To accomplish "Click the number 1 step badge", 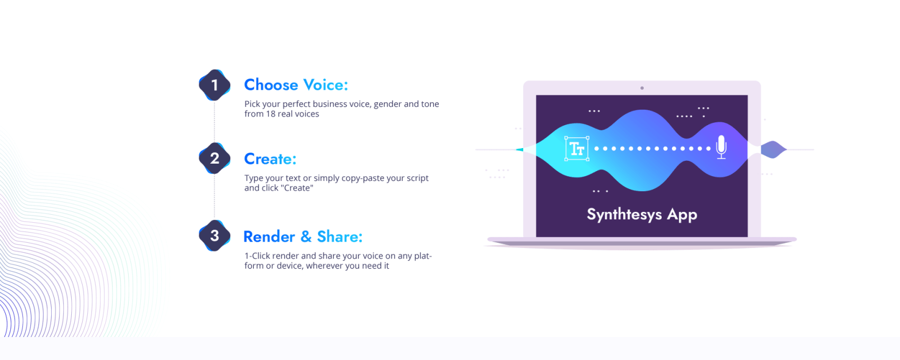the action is click(x=215, y=85).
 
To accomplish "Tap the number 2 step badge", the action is click(x=215, y=158).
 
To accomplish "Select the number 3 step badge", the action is click(x=215, y=236).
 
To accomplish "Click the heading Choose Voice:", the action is click(x=296, y=85).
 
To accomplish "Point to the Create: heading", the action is click(x=271, y=158).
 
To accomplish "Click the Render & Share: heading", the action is click(x=303, y=237).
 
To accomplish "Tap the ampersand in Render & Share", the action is click(x=306, y=237).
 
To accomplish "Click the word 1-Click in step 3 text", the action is click(x=257, y=256).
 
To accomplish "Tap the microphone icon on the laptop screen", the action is click(x=721, y=147).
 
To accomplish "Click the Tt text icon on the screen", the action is click(x=577, y=149).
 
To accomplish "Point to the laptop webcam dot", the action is click(x=642, y=88).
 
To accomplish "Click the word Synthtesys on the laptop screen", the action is click(x=624, y=214).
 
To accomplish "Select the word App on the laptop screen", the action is click(x=682, y=215).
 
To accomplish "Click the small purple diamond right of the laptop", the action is click(x=774, y=149).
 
